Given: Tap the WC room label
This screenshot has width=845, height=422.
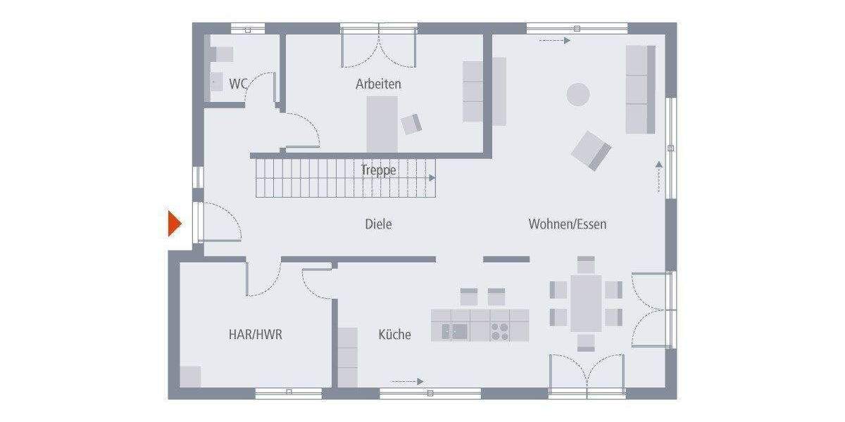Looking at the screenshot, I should coord(238,84).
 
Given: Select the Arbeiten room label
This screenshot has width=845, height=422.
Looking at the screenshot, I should coord(378,84).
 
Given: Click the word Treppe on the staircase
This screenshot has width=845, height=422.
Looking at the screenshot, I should coord(379,170).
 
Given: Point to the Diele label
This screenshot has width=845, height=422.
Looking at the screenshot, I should coord(378,224).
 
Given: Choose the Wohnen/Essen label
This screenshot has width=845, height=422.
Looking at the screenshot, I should coord(568,224).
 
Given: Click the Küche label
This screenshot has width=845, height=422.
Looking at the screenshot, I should coord(394,335).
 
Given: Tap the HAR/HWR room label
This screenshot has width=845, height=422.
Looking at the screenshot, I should coord(255,335).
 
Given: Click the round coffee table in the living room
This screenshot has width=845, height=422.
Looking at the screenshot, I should coord(579,94).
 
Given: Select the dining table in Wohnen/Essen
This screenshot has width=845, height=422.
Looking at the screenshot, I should coord(586,303).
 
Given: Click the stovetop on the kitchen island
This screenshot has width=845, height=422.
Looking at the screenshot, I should coord(499,331).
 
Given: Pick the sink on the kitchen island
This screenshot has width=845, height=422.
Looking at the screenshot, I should coord(455,331).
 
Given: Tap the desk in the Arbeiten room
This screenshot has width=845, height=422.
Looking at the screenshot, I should coord(382,123).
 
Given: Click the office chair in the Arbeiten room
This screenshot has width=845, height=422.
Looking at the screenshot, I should coord(411,124).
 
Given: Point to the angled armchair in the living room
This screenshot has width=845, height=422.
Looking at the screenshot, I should coord(591,151).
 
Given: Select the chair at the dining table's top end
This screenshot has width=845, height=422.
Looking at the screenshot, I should coord(586,264).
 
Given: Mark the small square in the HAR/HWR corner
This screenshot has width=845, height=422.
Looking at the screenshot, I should coord(190,376).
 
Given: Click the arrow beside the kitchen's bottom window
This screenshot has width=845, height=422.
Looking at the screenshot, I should coord(408,381).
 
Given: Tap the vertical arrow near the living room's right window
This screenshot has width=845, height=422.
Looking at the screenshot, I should coord(658,177).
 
